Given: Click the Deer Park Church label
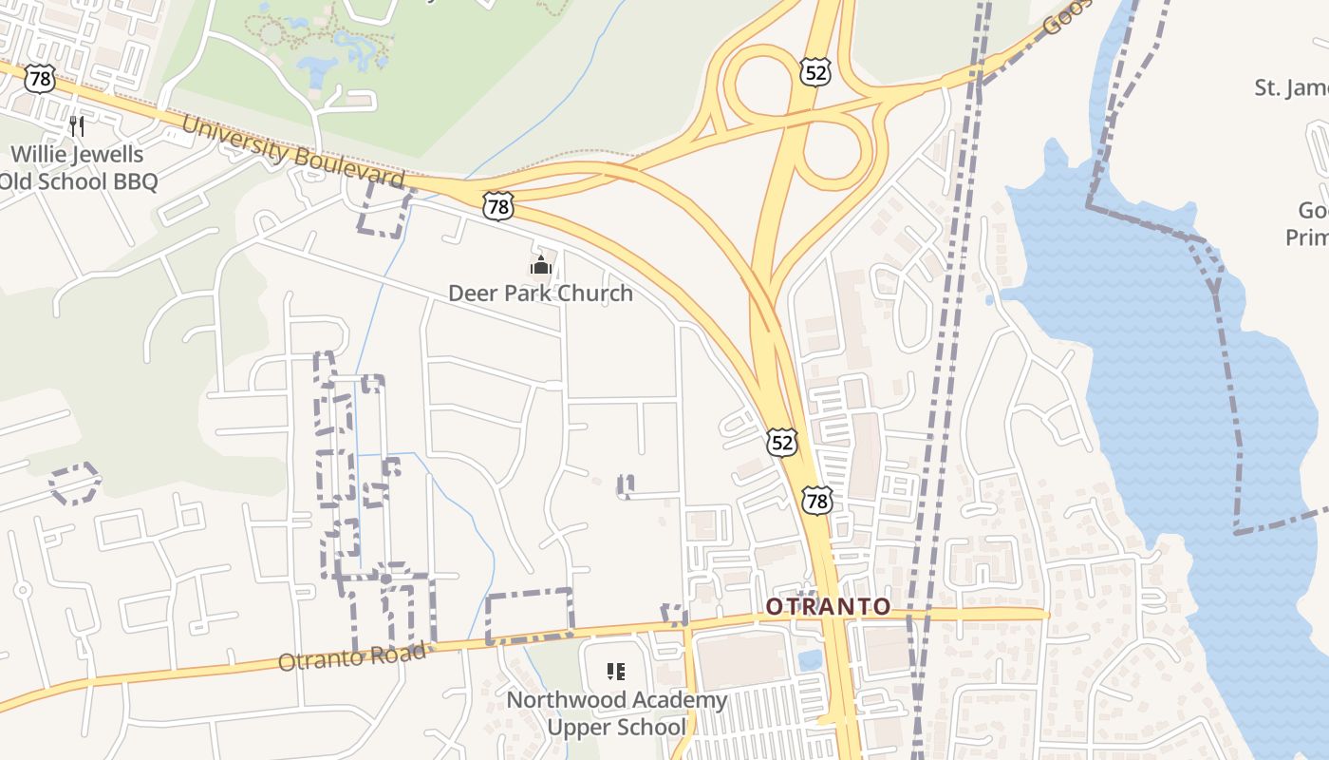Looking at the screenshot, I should (x=540, y=293).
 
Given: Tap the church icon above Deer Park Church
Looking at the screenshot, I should (x=541, y=263).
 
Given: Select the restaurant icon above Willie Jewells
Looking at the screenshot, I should (x=77, y=125).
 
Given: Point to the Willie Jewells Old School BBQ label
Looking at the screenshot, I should (x=78, y=167).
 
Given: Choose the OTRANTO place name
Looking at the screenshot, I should (x=828, y=606).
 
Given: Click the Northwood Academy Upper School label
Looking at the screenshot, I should (x=616, y=713).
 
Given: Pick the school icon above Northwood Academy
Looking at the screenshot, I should (x=616, y=673).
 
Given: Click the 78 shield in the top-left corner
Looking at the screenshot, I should (x=39, y=79).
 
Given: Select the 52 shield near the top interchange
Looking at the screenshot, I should (x=814, y=71).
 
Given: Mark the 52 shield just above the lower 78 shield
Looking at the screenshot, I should (x=781, y=442).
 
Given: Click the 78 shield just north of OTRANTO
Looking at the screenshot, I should (x=815, y=500).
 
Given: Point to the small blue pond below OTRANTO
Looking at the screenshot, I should (x=810, y=659).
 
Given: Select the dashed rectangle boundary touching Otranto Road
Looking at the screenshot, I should (x=529, y=616).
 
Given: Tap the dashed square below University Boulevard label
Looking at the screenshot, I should (x=384, y=210).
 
